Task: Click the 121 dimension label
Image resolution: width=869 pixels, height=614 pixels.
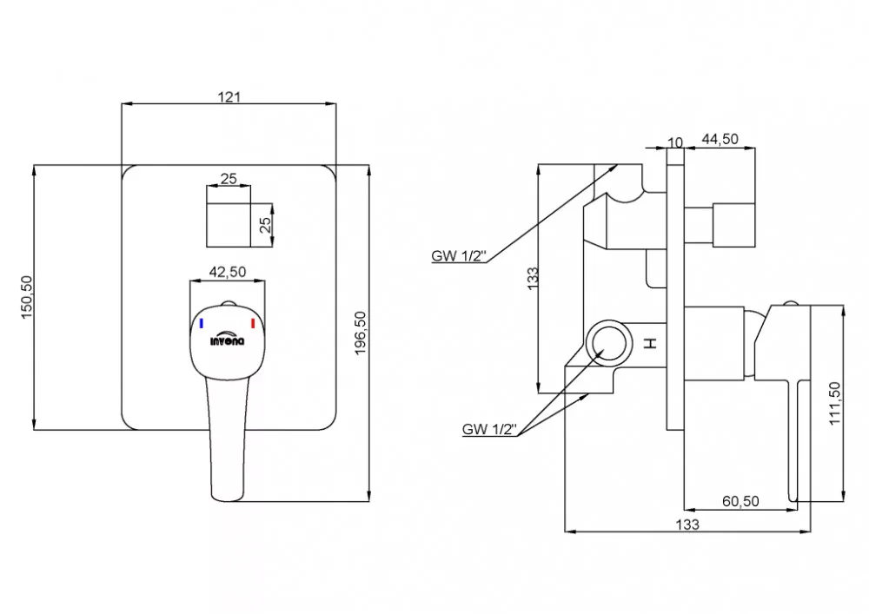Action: click(229, 97)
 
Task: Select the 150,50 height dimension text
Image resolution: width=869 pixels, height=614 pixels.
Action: click(27, 297)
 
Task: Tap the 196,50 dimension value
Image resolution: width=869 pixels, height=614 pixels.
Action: click(361, 333)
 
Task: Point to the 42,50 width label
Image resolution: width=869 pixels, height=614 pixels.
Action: click(227, 272)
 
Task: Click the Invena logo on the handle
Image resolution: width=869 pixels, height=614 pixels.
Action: click(227, 340)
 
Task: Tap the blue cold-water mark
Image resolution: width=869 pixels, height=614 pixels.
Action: click(202, 323)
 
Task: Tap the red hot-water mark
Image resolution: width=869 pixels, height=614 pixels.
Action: click(253, 323)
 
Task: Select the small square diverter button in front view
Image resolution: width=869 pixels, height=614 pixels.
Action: click(229, 225)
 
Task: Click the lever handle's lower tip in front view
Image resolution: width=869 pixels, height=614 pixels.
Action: click(228, 498)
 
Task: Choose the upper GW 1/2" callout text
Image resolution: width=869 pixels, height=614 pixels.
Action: click(459, 256)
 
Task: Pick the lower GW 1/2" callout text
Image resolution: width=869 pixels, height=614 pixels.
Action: click(489, 429)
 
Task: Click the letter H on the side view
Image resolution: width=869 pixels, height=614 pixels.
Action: click(651, 343)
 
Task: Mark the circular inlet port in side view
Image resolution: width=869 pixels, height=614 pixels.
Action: click(609, 343)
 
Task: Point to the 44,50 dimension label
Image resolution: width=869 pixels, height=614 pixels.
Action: click(720, 139)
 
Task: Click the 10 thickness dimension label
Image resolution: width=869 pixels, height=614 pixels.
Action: click(675, 142)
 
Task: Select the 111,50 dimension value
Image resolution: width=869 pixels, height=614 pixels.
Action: click(834, 403)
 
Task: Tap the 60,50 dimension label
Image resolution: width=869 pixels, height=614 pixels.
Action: click(740, 501)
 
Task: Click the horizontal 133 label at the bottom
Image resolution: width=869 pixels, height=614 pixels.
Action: click(687, 524)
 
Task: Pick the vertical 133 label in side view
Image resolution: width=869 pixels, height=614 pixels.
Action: click(532, 279)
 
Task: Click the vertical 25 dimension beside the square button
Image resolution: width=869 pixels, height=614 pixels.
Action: click(265, 224)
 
